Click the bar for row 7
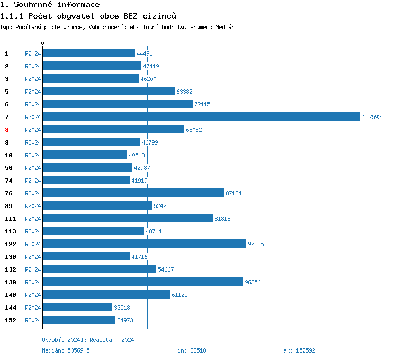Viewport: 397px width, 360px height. click(x=201, y=116)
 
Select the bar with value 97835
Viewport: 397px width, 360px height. click(x=145, y=244)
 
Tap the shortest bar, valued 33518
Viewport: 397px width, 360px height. click(x=77, y=307)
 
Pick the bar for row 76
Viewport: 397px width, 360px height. click(x=133, y=193)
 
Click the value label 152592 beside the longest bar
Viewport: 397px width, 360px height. click(x=372, y=117)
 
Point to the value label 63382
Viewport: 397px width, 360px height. click(x=184, y=92)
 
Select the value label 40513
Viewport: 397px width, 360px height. click(x=137, y=155)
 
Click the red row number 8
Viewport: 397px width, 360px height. click(x=7, y=130)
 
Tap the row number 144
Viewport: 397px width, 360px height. click(x=11, y=308)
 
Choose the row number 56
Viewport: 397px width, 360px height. click(x=8, y=168)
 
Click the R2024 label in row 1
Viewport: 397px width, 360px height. click(x=33, y=53)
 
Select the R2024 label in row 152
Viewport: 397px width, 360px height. click(x=33, y=320)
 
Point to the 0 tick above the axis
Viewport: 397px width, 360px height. click(x=43, y=43)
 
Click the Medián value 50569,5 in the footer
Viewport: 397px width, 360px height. click(x=78, y=350)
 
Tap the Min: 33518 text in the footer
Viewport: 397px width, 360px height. click(x=190, y=350)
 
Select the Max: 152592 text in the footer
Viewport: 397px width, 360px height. click(x=297, y=350)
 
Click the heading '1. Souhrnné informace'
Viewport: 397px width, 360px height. click(x=50, y=5)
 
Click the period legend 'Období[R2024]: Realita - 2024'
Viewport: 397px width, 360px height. click(x=88, y=340)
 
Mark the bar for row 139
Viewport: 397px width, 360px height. click(x=143, y=282)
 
